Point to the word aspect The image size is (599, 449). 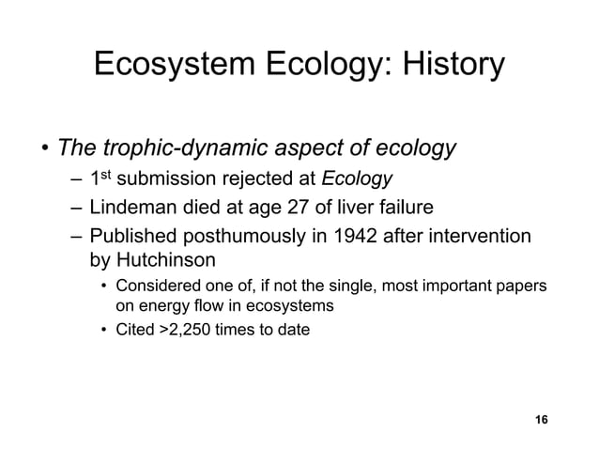pyautogui.click(x=301, y=148)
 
